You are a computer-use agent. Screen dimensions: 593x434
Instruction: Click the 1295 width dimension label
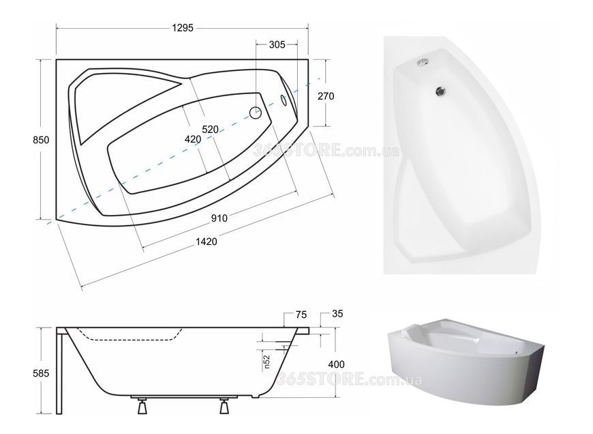point(183,28)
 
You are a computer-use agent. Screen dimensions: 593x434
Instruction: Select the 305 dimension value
point(277,44)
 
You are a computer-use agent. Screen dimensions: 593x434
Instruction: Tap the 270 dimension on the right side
point(326,96)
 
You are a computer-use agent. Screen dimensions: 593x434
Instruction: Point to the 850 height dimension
point(41,140)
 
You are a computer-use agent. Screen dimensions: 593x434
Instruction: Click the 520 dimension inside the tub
point(210,130)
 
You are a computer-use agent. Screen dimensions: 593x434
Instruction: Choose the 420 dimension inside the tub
point(193,139)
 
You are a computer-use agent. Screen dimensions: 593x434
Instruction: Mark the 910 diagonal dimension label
point(219,218)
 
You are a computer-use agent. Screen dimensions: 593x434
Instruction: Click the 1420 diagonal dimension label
point(207,242)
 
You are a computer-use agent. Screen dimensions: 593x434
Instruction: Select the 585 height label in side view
point(41,373)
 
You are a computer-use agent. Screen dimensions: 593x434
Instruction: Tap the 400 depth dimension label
point(336,364)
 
